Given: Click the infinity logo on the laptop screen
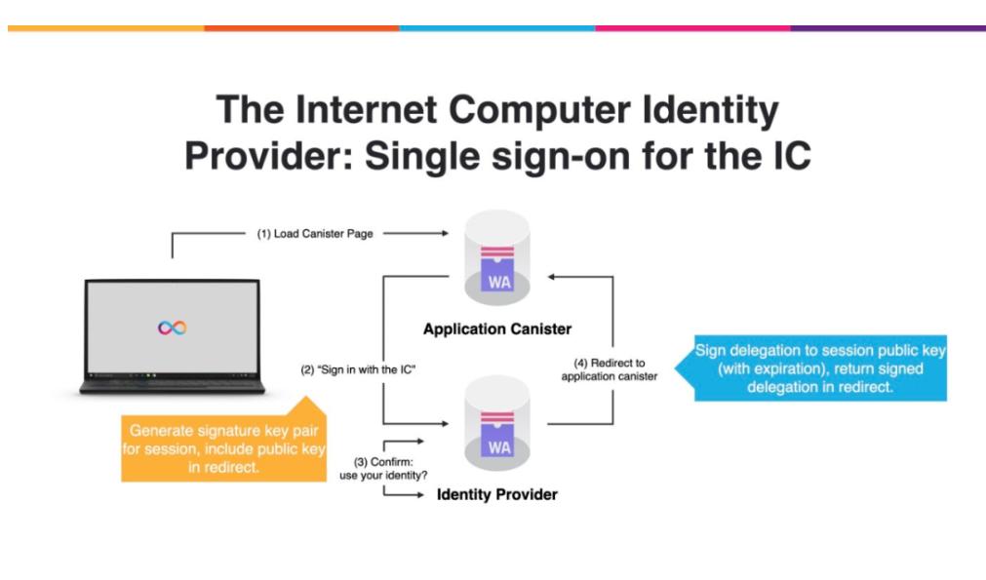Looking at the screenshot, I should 172,329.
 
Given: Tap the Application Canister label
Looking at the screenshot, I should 496,329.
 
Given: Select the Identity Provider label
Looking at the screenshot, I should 496,494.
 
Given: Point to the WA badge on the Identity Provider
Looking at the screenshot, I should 498,447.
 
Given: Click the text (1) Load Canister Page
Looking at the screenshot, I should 314,234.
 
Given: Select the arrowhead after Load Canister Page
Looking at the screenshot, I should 443,234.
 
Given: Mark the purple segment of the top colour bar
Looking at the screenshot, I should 887,28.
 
